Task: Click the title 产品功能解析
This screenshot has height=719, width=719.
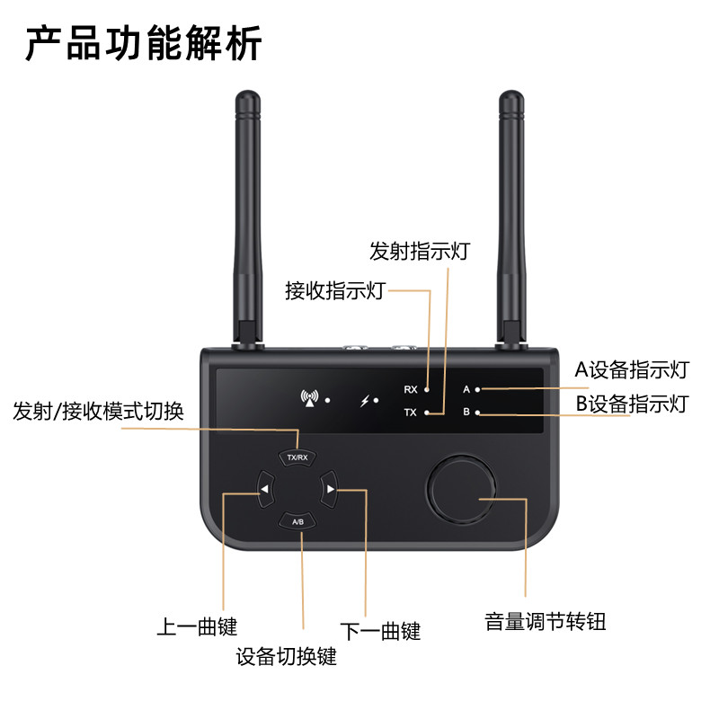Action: pyautogui.click(x=145, y=42)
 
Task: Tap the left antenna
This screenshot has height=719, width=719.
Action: pyautogui.click(x=245, y=216)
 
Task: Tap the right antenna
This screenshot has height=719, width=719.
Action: pyautogui.click(x=511, y=216)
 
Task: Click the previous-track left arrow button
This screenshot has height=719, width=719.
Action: pyautogui.click(x=264, y=489)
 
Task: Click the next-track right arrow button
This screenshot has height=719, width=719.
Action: pyautogui.click(x=331, y=489)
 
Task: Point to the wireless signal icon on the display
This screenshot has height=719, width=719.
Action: pyautogui.click(x=311, y=398)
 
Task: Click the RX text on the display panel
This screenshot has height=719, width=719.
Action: pyautogui.click(x=411, y=389)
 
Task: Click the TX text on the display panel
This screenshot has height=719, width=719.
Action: pyautogui.click(x=411, y=413)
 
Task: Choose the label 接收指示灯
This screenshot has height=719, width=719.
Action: pyautogui.click(x=335, y=290)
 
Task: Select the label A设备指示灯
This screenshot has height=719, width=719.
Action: pyautogui.click(x=632, y=369)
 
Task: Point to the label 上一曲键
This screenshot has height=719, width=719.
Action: pyautogui.click(x=197, y=626)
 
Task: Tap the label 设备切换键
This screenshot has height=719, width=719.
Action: pyautogui.click(x=286, y=656)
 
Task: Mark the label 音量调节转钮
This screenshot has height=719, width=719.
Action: pyautogui.click(x=546, y=621)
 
